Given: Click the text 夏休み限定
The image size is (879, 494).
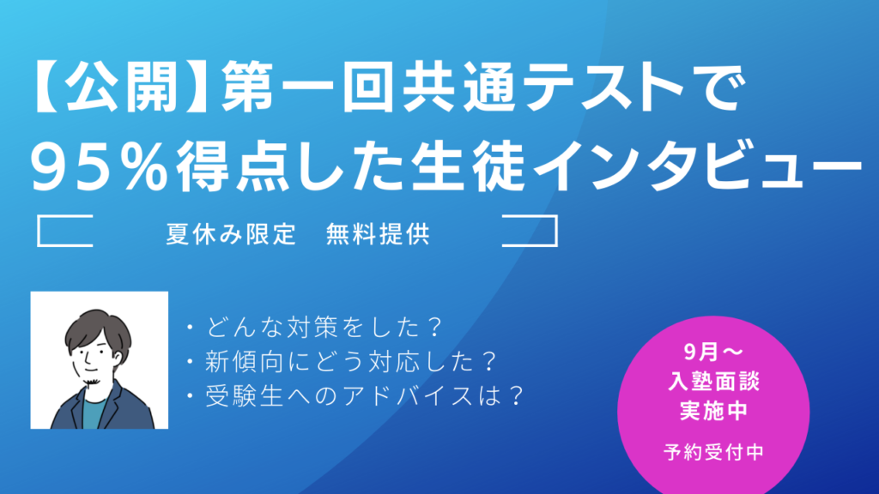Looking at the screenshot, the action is pyautogui.click(x=231, y=234).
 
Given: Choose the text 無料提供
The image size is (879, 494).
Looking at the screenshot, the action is pyautogui.click(x=378, y=234).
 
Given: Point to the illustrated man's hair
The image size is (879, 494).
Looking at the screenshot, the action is pyautogui.click(x=98, y=328).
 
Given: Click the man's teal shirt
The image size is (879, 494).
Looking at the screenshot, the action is pyautogui.click(x=94, y=413).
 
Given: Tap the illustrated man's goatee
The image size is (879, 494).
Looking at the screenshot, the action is pyautogui.click(x=91, y=383).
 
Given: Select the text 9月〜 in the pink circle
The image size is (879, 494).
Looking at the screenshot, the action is pyautogui.click(x=713, y=352).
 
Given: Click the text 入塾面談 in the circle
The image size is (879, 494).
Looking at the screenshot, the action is pyautogui.click(x=713, y=382).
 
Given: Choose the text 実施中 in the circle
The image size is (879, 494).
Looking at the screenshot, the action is pyautogui.click(x=713, y=411).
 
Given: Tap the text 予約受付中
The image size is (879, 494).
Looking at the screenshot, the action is pyautogui.click(x=713, y=452).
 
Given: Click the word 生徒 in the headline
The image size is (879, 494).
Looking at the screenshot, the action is pyautogui.click(x=468, y=165).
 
